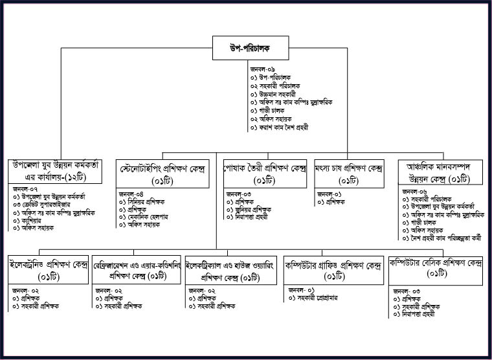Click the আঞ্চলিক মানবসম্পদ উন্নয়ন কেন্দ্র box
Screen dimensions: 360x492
pos(437,172)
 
